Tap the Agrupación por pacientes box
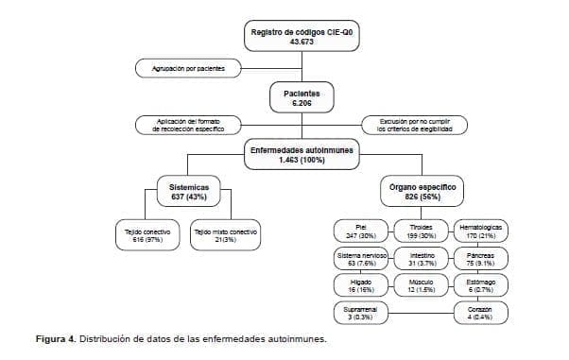click(188, 68)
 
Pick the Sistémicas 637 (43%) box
click(188, 193)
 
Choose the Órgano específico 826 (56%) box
click(422, 193)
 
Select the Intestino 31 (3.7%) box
click(422, 259)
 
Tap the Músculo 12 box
click(422, 286)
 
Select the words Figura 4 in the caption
click(56, 339)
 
